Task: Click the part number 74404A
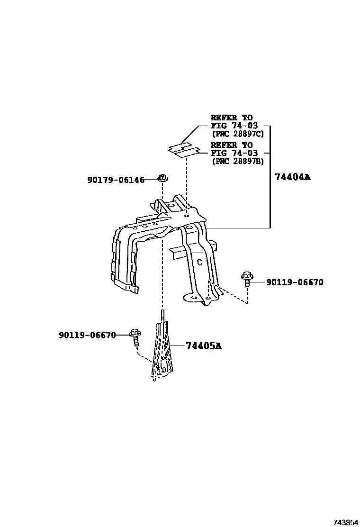tap(293, 177)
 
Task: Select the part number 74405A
tap(204, 346)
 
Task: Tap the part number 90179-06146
tap(116, 180)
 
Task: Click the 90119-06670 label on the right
tap(295, 282)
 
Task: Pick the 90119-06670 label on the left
tap(87, 335)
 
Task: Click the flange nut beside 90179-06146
tap(162, 179)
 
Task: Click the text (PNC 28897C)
tap(237, 134)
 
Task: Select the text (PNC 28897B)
tap(237, 161)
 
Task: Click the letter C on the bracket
tap(199, 262)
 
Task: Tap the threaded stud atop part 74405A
tap(162, 316)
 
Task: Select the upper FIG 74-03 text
tap(234, 126)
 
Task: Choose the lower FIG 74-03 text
tap(234, 153)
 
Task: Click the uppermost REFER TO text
tap(232, 118)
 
